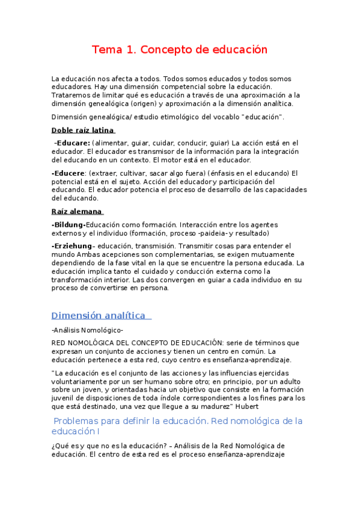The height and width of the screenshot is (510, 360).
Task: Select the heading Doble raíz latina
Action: pyautogui.click(x=82, y=130)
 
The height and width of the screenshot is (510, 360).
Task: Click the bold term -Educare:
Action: pyautogui.click(x=72, y=143)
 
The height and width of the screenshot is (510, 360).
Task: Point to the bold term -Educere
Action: pyautogui.click(x=68, y=173)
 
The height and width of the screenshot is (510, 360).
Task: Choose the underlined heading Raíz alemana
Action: pyautogui.click(x=77, y=211)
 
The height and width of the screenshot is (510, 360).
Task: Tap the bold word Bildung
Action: pyautogui.click(x=70, y=224)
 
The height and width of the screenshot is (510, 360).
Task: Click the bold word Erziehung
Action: pyautogui.click(x=73, y=246)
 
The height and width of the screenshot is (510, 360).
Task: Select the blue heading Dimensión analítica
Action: pyautogui.click(x=99, y=316)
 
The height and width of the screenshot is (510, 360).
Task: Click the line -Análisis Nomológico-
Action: pyautogui.click(x=88, y=330)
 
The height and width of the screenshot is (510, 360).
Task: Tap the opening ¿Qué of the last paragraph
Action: pyautogui.click(x=61, y=446)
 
